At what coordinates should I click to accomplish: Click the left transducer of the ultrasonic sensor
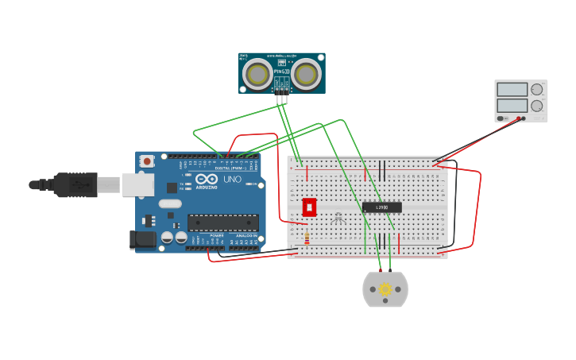pyautogui.click(x=257, y=74)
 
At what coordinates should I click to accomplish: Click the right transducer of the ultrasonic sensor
pyautogui.click(x=306, y=74)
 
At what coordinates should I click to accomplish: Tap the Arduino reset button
pyautogui.click(x=146, y=161)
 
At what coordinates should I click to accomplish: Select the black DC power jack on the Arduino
pyautogui.click(x=143, y=238)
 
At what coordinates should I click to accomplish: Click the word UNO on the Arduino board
pyautogui.click(x=232, y=180)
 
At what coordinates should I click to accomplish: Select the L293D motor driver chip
pyautogui.click(x=381, y=207)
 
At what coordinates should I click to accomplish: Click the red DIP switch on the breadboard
pyautogui.click(x=309, y=207)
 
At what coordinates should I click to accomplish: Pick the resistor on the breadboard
pyautogui.click(x=307, y=238)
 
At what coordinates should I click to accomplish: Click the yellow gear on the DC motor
pyautogui.click(x=385, y=289)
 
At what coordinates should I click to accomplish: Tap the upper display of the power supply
pyautogui.click(x=512, y=90)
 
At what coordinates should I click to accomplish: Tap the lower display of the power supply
pyautogui.click(x=512, y=105)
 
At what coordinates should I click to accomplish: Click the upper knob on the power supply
pyautogui.click(x=537, y=90)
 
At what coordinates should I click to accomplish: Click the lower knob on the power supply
pyautogui.click(x=537, y=105)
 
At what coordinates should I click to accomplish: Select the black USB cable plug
pyautogui.click(x=75, y=184)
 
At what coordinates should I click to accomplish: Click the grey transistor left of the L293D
pyautogui.click(x=339, y=216)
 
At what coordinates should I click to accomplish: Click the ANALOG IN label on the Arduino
pyautogui.click(x=244, y=236)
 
